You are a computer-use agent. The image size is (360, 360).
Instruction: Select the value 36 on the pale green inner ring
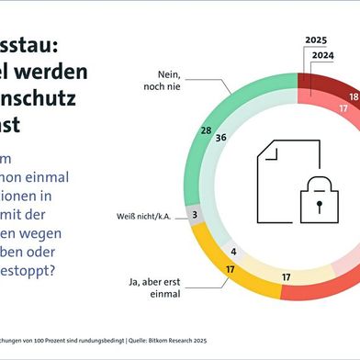221,138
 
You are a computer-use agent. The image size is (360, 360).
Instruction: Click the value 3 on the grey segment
196,212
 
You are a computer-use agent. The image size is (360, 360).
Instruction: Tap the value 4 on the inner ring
234,251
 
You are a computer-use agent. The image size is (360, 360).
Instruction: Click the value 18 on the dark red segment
354,96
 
